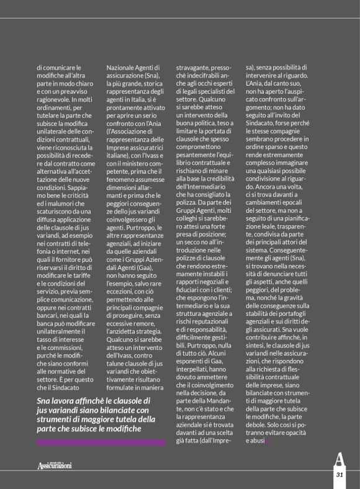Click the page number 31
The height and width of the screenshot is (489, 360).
tap(340, 474)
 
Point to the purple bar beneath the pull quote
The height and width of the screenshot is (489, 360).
tap(101, 442)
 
